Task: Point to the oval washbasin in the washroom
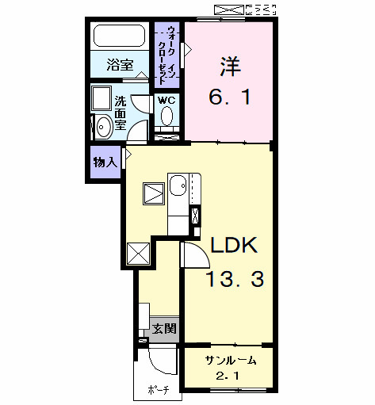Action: (x=103, y=127)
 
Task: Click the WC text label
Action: (x=166, y=101)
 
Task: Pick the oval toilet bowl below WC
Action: (x=166, y=118)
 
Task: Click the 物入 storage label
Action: (x=105, y=162)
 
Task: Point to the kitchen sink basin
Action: (x=177, y=186)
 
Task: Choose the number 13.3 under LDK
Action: (x=235, y=278)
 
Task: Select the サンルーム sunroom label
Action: (x=231, y=360)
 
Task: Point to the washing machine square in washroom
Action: (x=102, y=97)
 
